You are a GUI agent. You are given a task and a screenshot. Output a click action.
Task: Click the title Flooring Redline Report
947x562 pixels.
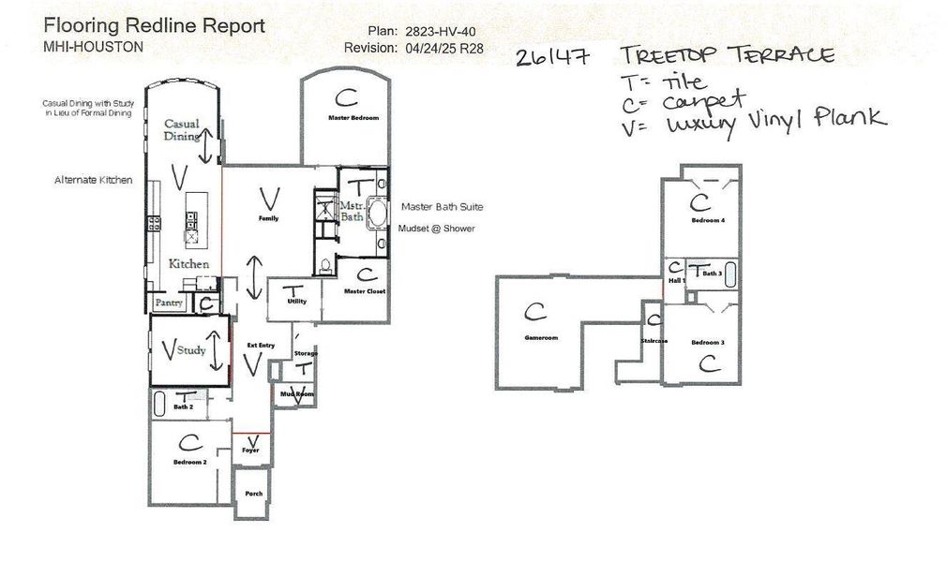(x=154, y=25)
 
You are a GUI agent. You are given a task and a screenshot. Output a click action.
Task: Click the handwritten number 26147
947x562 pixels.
(x=552, y=58)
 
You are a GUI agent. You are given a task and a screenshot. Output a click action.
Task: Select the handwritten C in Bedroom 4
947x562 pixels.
(x=698, y=200)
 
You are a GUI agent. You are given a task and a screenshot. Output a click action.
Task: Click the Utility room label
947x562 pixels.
(x=297, y=302)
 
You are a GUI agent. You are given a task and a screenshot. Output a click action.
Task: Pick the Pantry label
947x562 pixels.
(x=169, y=303)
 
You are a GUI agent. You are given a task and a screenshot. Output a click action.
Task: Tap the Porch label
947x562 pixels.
(x=253, y=494)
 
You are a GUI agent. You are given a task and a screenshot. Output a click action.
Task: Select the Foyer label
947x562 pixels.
(x=249, y=451)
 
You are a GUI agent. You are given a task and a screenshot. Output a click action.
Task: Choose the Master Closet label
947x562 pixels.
(x=365, y=291)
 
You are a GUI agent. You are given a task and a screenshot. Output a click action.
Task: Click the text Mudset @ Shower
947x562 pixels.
(x=438, y=229)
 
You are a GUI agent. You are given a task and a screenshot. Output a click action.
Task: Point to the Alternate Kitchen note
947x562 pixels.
(x=93, y=180)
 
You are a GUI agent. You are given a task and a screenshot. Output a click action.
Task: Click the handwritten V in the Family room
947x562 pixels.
(x=269, y=197)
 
